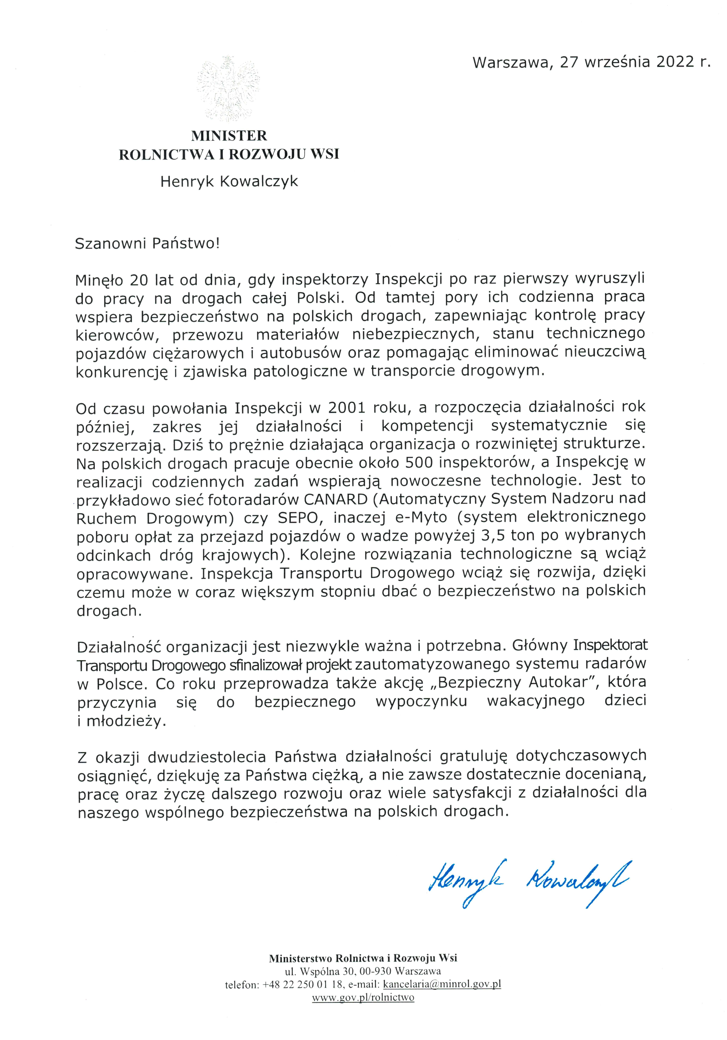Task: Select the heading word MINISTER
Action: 229,135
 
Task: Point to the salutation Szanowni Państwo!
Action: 147,244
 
